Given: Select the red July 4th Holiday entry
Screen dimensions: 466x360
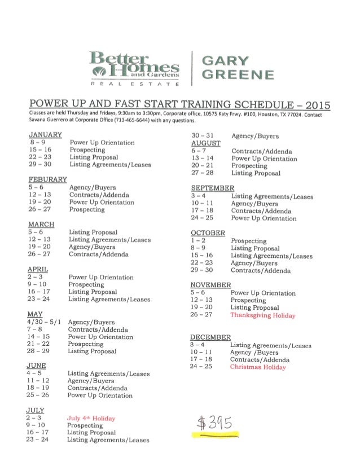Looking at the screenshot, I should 91,419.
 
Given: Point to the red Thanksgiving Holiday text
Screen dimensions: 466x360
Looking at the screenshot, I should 263,315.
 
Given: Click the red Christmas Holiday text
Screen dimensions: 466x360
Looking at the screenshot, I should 258,367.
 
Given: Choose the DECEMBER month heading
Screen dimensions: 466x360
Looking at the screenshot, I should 210,337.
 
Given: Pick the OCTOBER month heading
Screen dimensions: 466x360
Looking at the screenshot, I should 208,232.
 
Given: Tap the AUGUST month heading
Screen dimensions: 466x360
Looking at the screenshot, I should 205,143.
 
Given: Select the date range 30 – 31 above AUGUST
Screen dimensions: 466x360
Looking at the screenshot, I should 201,136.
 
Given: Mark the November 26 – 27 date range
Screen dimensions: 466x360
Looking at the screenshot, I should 201,315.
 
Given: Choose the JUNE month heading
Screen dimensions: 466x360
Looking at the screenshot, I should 37,365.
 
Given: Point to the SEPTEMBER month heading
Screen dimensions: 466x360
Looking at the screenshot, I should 213,188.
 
